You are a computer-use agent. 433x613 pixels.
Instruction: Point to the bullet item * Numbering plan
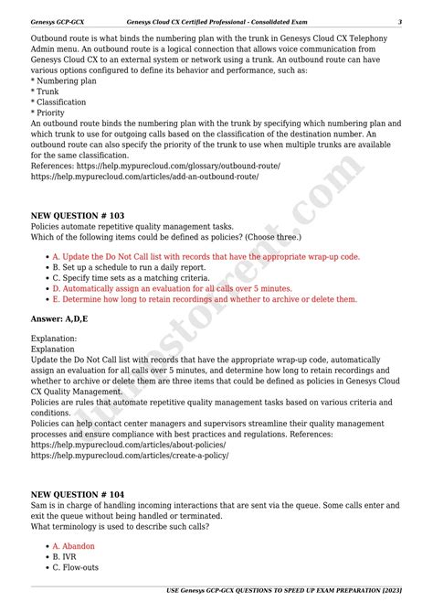(x=63, y=81)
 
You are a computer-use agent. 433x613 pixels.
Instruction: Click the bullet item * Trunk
(x=46, y=91)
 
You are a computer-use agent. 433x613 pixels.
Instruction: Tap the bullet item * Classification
(x=59, y=102)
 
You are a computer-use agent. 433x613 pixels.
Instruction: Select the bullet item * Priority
(x=48, y=113)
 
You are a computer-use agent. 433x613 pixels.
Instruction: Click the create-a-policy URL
(x=129, y=455)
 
